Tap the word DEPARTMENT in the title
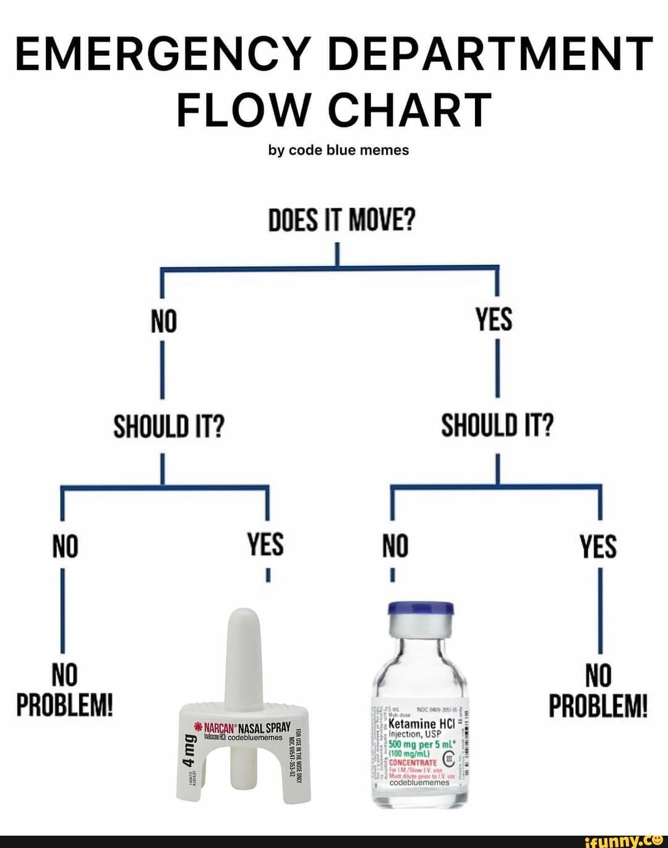pyautogui.click(x=490, y=54)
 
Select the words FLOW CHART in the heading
pyautogui.click(x=334, y=110)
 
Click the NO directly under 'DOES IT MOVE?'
pyautogui.click(x=164, y=322)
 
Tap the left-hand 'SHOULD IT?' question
pyautogui.click(x=168, y=426)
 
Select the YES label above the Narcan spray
pyautogui.click(x=265, y=545)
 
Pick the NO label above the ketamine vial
pyautogui.click(x=395, y=547)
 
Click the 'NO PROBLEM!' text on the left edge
pyautogui.click(x=64, y=690)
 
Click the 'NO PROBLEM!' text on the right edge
pyautogui.click(x=598, y=690)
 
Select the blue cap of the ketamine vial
pyautogui.click(x=421, y=610)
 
